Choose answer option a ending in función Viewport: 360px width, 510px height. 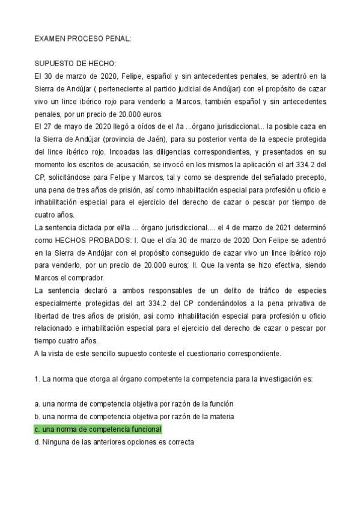(133, 404)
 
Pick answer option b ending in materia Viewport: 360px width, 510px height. (133, 417)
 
